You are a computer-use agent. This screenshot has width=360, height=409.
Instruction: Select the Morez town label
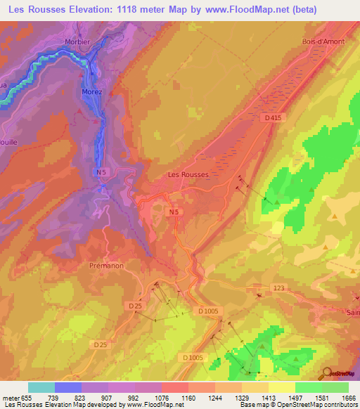tap(91, 92)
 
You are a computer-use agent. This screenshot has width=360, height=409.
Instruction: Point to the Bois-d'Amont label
tap(323, 41)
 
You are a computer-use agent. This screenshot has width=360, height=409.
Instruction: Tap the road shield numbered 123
tap(278, 288)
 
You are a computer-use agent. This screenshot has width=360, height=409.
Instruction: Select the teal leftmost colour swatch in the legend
tap(41, 387)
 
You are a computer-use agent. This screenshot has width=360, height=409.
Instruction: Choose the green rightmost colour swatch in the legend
tap(335, 387)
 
